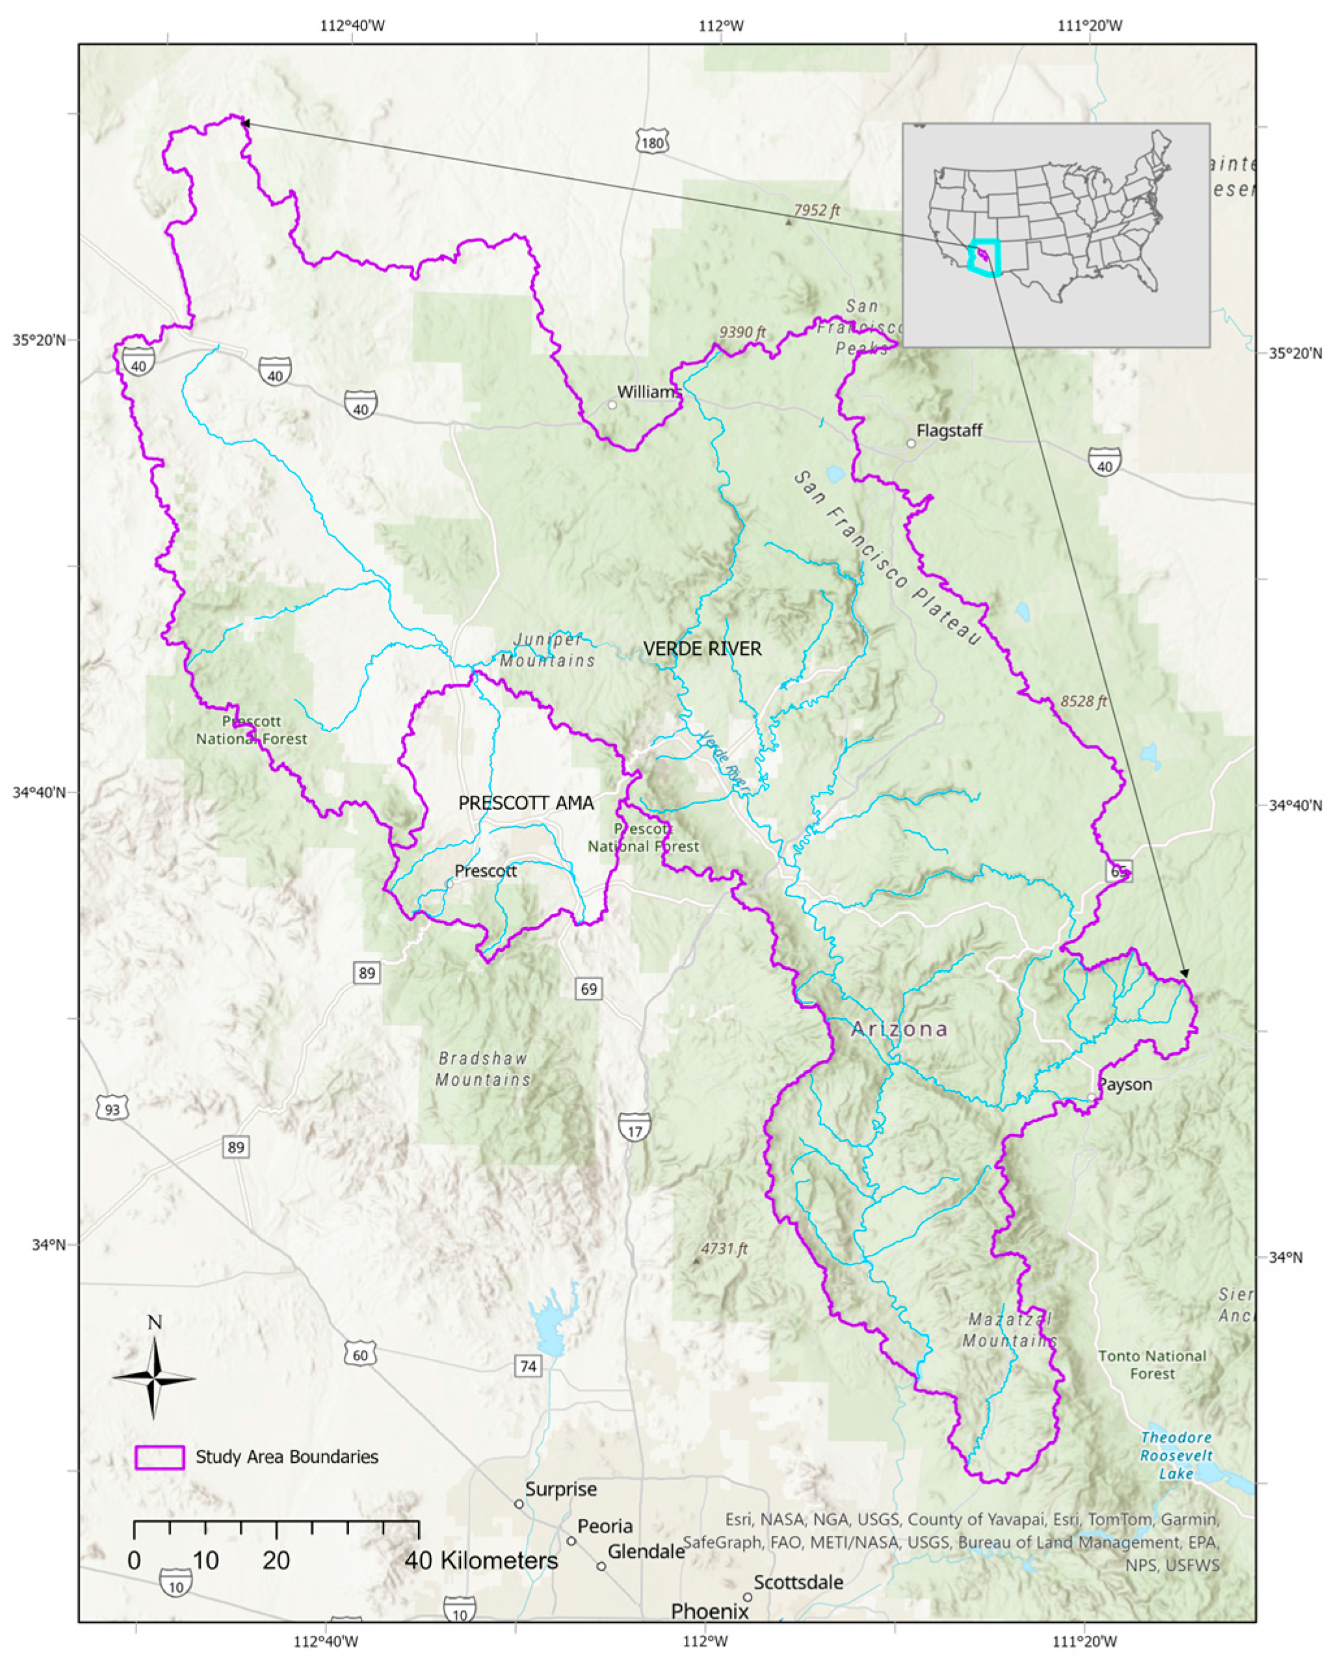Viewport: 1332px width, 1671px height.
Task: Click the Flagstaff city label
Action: (949, 431)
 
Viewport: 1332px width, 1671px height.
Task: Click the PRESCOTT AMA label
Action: (526, 803)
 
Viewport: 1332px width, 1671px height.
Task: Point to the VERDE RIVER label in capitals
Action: (703, 649)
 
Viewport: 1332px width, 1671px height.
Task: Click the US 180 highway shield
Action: (651, 142)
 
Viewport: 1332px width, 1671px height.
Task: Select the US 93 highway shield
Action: (112, 1109)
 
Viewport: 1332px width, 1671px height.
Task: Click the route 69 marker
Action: (589, 988)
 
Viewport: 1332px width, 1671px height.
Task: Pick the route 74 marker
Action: (528, 1365)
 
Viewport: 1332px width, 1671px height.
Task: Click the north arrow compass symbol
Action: (154, 1378)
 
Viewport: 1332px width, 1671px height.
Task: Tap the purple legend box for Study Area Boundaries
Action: (160, 1457)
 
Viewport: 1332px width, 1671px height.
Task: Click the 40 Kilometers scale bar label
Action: (480, 1560)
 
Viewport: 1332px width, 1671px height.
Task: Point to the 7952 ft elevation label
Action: (816, 211)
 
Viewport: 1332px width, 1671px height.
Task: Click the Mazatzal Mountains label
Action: (1010, 1329)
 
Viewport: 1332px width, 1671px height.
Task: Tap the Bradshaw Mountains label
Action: (483, 1069)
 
